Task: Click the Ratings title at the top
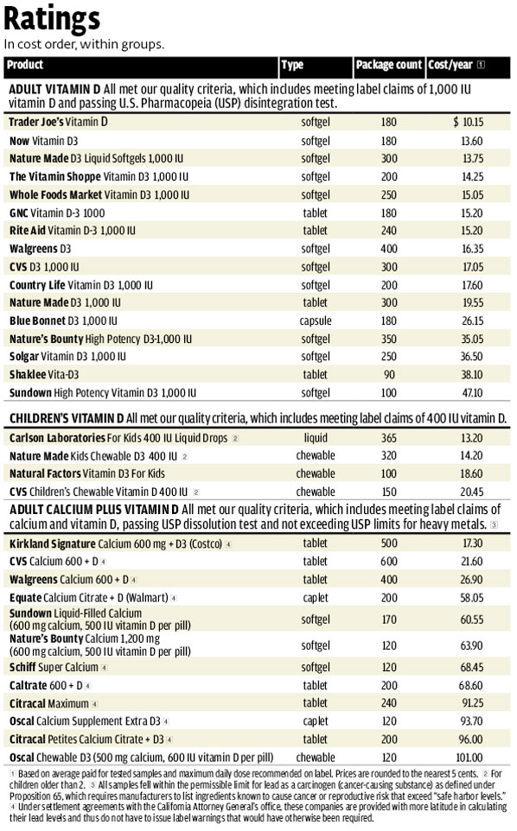(x=53, y=19)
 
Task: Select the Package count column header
(x=388, y=66)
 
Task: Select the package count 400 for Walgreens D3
(x=388, y=249)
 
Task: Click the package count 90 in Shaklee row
(x=388, y=374)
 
